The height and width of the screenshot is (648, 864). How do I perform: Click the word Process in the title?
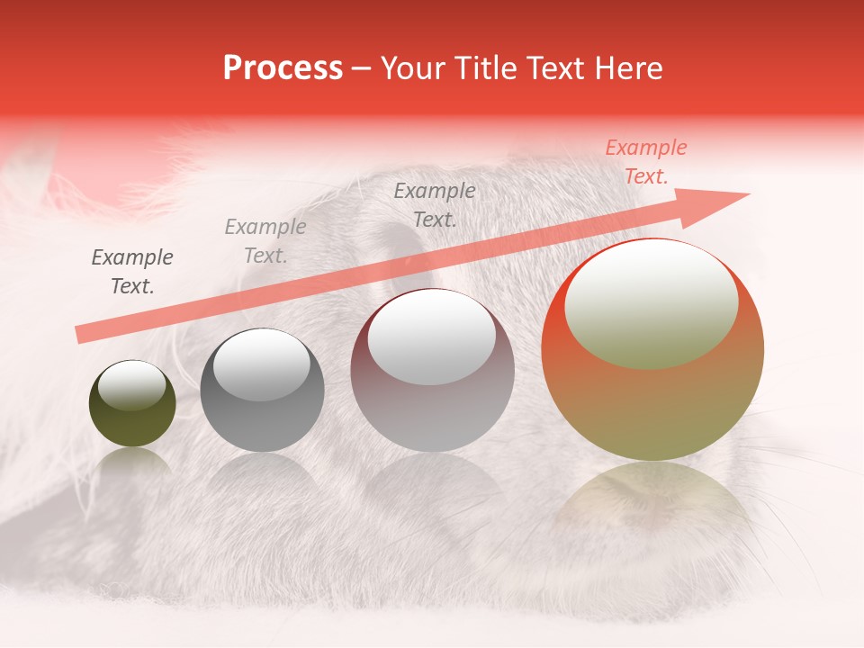283,68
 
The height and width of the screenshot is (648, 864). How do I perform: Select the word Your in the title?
410,68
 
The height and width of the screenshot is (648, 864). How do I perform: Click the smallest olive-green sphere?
132,403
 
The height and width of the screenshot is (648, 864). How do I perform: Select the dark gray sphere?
262,390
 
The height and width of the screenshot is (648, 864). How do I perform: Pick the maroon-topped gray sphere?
432,370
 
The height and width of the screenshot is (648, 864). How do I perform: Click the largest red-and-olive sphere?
652,349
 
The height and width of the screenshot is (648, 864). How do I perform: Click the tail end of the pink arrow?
81,335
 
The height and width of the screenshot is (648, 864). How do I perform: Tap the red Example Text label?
645,162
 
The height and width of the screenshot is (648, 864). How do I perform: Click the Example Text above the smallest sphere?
132,272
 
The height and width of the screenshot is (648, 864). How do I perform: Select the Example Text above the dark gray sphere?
265,241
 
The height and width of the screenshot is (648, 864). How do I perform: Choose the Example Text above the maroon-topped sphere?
435,204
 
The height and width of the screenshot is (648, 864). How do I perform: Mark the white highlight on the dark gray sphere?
261,364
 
